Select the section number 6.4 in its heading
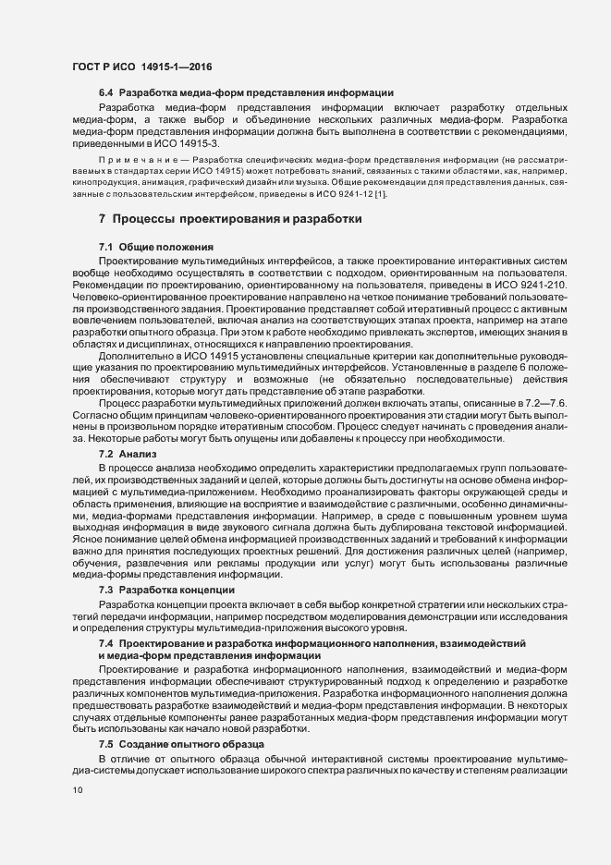105,93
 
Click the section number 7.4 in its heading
105,641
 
